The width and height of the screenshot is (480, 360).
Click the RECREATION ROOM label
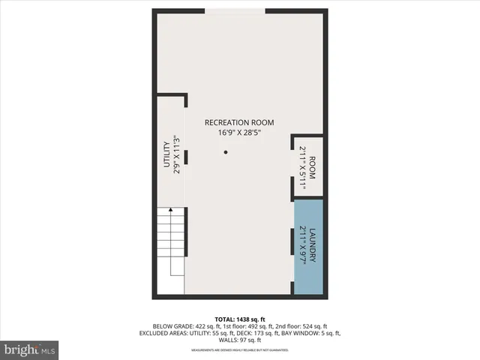(240, 122)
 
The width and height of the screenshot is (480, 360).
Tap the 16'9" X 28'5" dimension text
(240, 133)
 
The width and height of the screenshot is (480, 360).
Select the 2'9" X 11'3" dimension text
(178, 154)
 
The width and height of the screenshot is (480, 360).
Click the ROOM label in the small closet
(312, 167)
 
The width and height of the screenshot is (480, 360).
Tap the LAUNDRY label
(313, 244)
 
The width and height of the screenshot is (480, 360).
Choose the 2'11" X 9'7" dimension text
(303, 244)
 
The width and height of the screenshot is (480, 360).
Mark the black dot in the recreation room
(225, 152)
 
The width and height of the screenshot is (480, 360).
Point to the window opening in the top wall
(235, 10)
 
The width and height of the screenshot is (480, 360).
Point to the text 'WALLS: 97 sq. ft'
(240, 340)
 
